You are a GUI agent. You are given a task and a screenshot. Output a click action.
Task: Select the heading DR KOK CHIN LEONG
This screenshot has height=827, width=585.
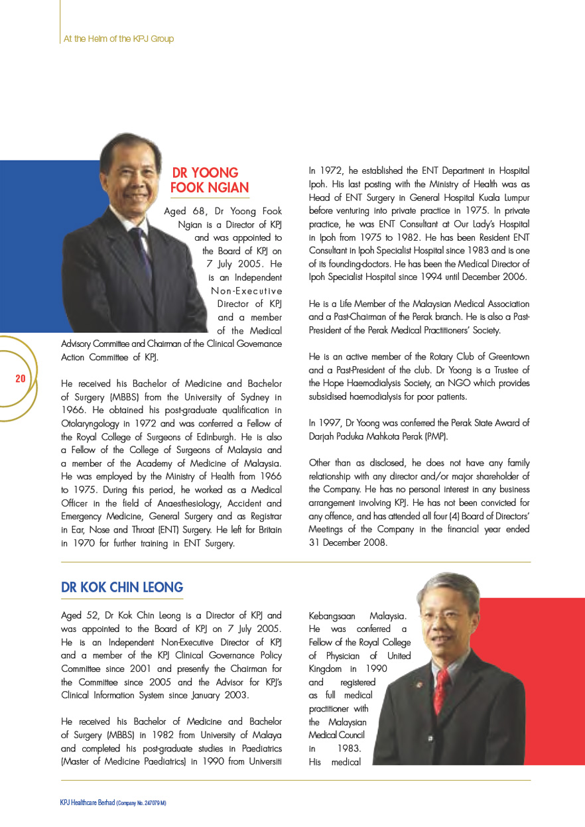[x=122, y=588]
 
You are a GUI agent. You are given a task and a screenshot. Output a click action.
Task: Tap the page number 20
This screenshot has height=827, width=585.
[x=21, y=379]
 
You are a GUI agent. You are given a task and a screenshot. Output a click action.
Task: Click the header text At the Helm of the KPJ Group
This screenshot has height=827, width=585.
[x=119, y=39]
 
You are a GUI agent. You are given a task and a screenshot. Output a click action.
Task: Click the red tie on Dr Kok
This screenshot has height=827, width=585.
[x=440, y=690]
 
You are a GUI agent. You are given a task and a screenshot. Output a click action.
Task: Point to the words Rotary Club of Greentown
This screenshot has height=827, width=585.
[x=454, y=357]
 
